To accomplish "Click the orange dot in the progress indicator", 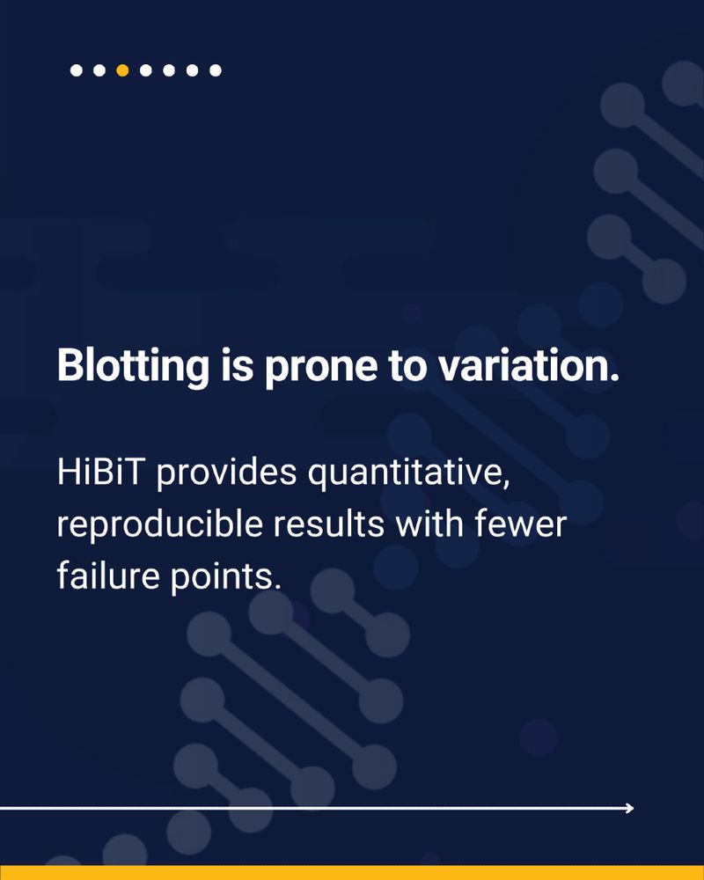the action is point(122,70).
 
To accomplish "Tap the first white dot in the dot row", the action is point(77,70).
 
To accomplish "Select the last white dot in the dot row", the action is point(215,70).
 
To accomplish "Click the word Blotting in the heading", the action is point(133,366).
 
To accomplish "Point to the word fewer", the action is point(520,524).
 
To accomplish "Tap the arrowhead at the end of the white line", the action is point(630,808).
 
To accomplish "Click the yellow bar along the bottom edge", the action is point(352,873).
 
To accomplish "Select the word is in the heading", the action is point(237,366).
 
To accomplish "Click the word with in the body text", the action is point(429,524).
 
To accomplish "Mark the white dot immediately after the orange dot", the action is point(146,70).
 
